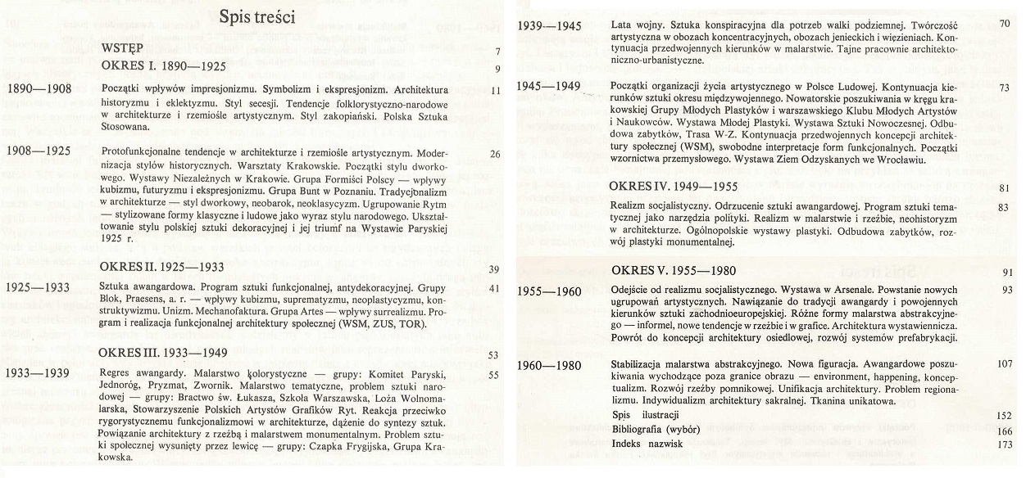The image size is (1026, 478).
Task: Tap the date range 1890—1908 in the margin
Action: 39,89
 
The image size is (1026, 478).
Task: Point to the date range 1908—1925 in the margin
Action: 39,151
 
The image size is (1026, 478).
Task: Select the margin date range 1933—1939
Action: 39,374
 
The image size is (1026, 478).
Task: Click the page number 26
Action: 494,153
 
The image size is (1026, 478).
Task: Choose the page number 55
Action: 494,375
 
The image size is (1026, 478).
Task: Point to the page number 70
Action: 1005,25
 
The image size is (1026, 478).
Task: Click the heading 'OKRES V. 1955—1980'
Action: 674,271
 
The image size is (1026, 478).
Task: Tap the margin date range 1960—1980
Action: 550,363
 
